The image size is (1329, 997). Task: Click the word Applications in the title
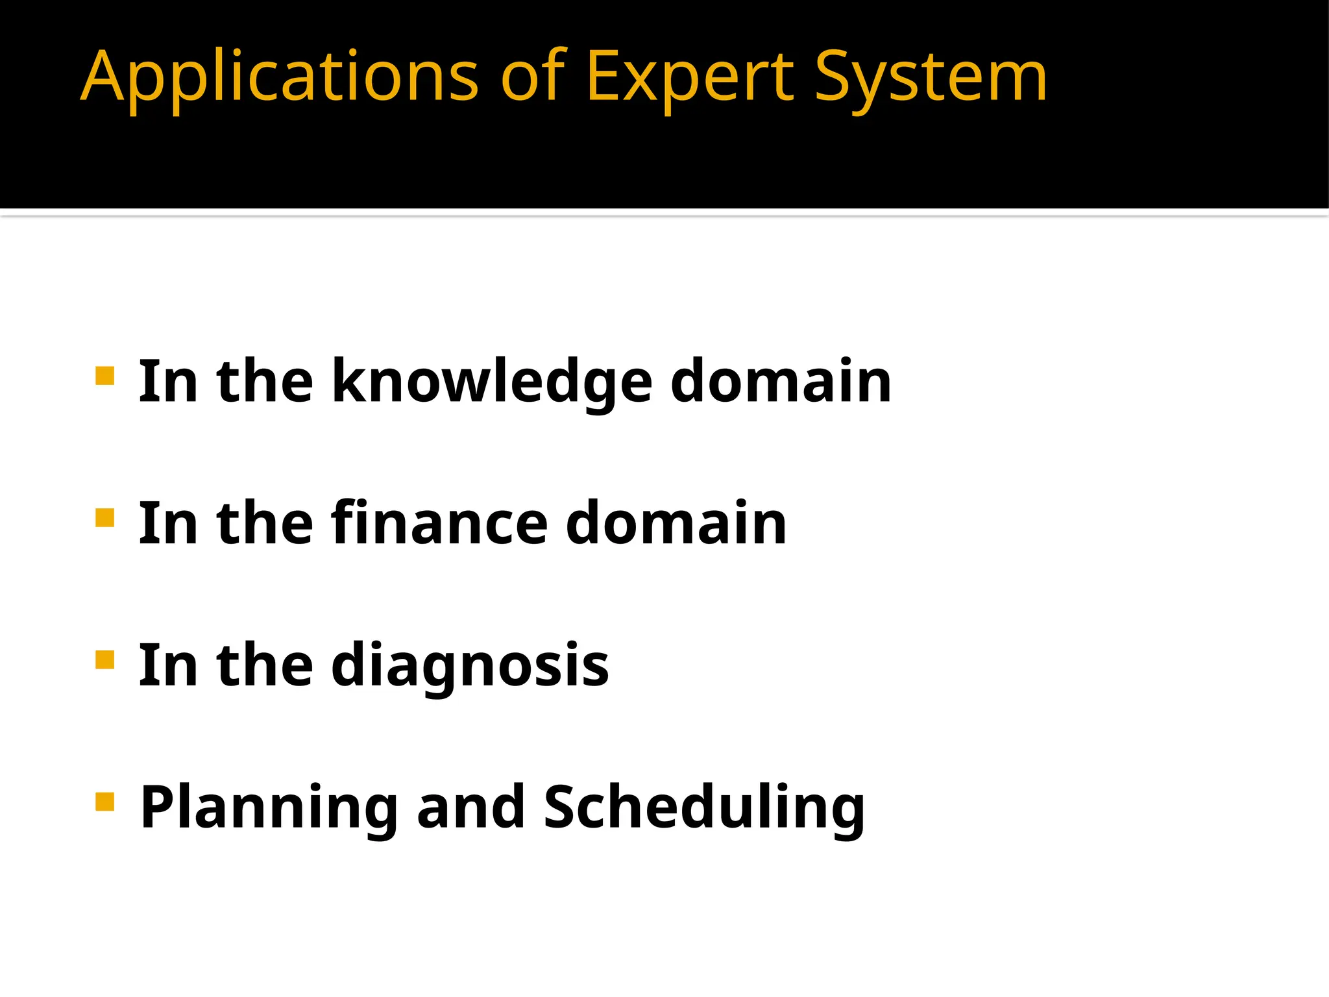pyautogui.click(x=279, y=78)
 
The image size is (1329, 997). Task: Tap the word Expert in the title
pyautogui.click(x=689, y=78)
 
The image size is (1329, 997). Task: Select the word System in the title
pyautogui.click(x=930, y=78)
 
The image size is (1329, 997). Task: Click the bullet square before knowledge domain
pyautogui.click(x=104, y=376)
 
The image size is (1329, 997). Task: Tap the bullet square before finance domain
pyautogui.click(x=104, y=518)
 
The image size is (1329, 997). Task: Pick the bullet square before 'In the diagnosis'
pyautogui.click(x=104, y=659)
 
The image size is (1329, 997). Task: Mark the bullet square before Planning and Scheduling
pyautogui.click(x=104, y=802)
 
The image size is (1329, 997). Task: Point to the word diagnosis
pyautogui.click(x=470, y=666)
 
